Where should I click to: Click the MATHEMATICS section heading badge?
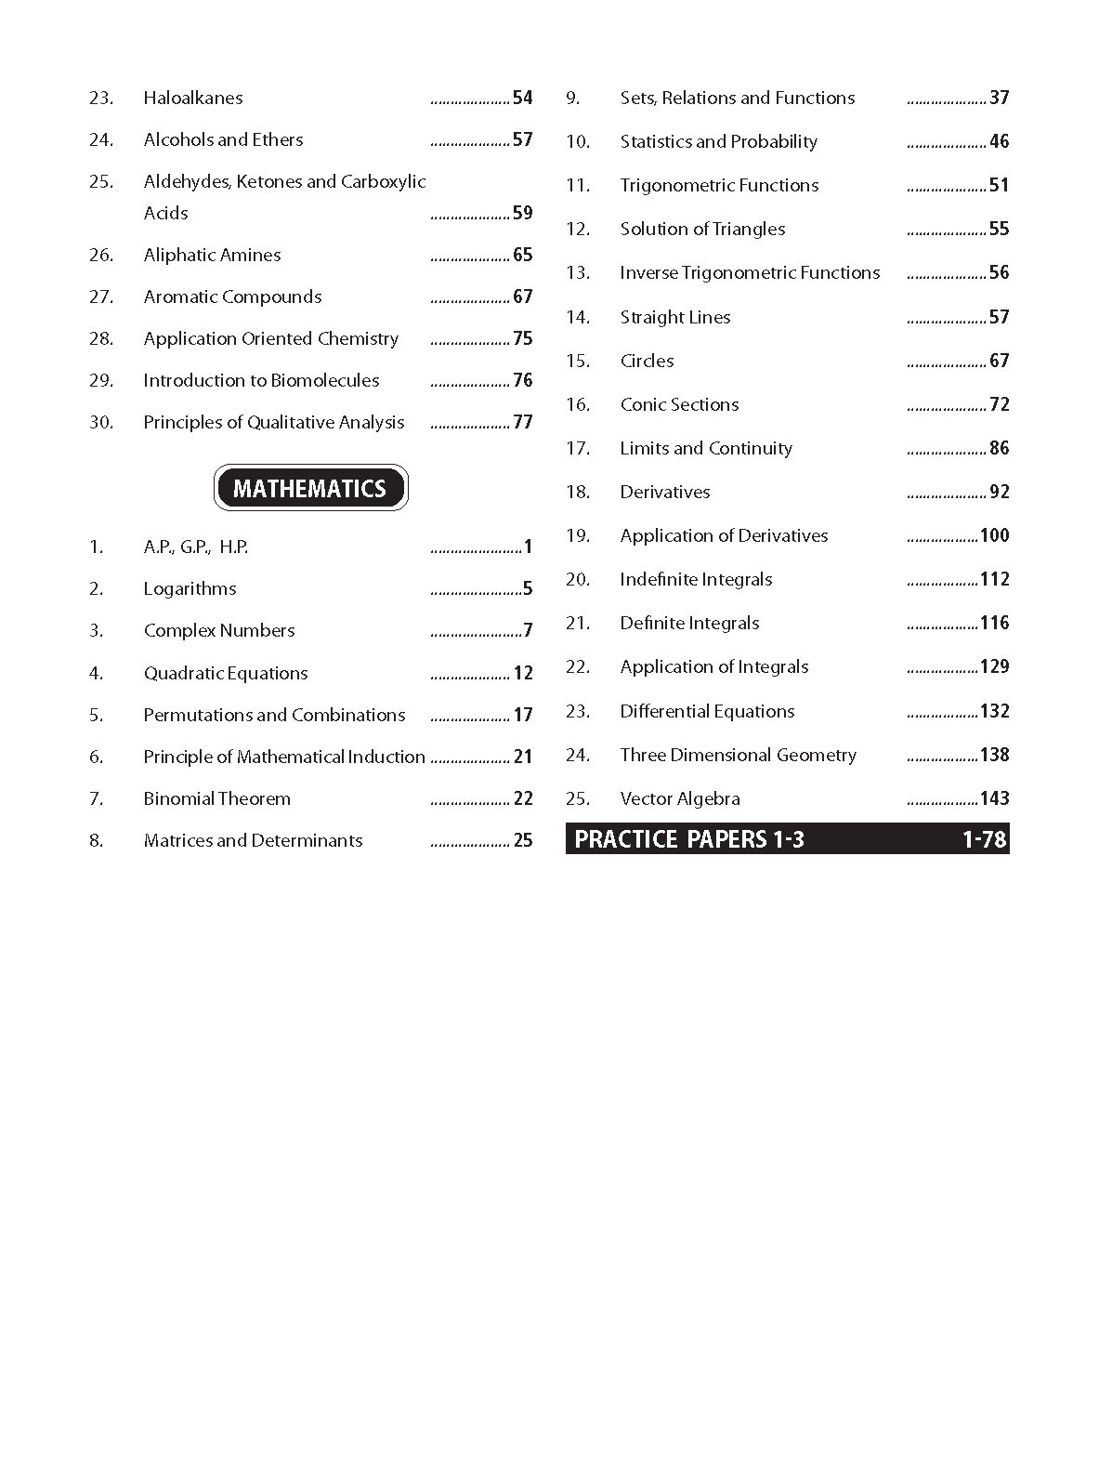pos(310,488)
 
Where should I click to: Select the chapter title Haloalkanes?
pos(193,98)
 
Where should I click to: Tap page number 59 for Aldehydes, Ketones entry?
pos(523,213)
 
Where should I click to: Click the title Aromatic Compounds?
pos(232,296)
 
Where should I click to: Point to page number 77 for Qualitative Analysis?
pos(523,422)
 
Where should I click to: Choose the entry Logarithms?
pos(190,588)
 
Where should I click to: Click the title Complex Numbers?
pos(219,630)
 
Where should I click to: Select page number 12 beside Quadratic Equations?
pos(523,673)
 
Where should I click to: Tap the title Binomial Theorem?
pos(216,798)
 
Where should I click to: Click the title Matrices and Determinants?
pos(253,840)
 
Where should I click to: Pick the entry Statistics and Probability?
pos(718,141)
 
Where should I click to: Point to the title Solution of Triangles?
pos(702,229)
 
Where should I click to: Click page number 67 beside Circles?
pos(1000,361)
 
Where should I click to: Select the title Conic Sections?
pos(679,404)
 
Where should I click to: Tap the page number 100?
pos(994,535)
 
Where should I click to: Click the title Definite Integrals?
pos(689,623)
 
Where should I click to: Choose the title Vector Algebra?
pos(680,798)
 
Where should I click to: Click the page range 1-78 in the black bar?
pos(985,839)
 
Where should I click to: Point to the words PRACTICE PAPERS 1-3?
pos(689,839)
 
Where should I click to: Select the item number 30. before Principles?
pos(101,422)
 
